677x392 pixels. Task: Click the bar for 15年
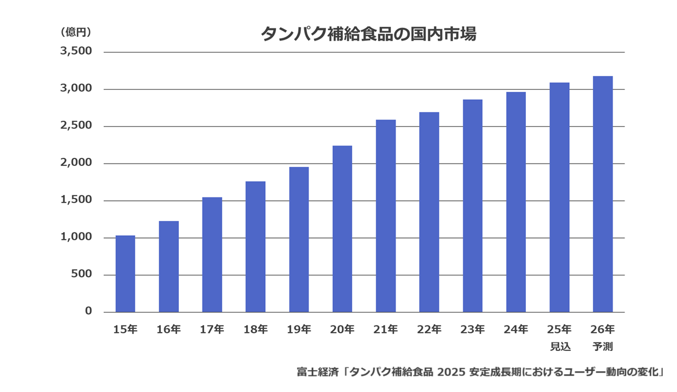(x=125, y=274)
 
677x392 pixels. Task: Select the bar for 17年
(x=212, y=254)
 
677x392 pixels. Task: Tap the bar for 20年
(x=342, y=228)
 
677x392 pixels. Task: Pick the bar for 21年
(x=386, y=215)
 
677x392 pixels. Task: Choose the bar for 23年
(x=473, y=205)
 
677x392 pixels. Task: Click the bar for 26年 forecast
(x=603, y=193)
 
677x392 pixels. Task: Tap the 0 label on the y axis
(x=88, y=311)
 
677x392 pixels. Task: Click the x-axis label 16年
(x=169, y=329)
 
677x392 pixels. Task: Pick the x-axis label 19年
(x=299, y=329)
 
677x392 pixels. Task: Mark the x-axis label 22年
(x=429, y=329)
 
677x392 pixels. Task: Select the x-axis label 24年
(x=516, y=329)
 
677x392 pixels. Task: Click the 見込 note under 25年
(x=560, y=345)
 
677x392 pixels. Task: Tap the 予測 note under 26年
(x=603, y=345)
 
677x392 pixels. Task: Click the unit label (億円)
(x=76, y=32)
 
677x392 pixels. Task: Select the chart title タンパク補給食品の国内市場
(x=368, y=34)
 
